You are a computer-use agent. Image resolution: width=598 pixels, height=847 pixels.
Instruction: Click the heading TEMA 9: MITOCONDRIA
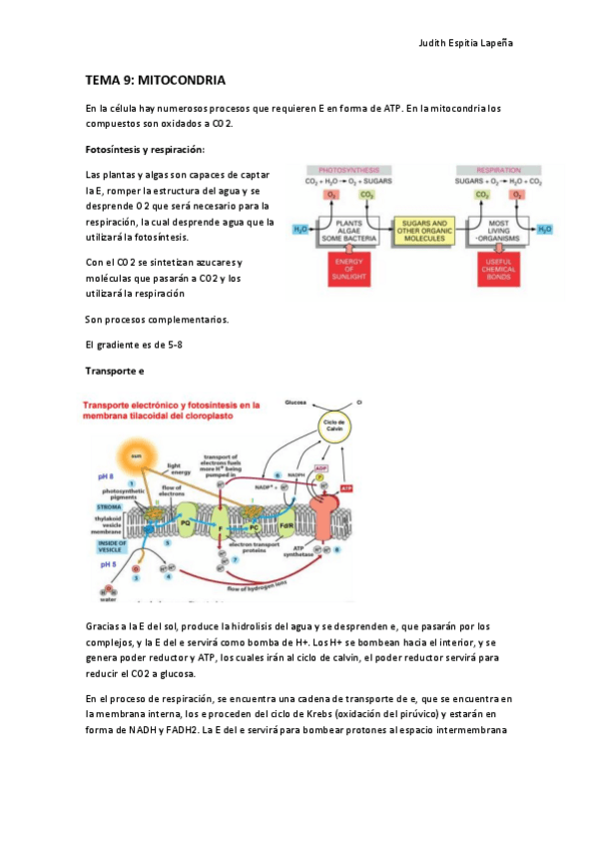pyautogui.click(x=155, y=79)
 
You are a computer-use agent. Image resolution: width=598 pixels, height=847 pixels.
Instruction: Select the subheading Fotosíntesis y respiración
pyautogui.click(x=144, y=150)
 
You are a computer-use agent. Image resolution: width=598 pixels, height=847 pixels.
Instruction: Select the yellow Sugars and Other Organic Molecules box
pyautogui.click(x=424, y=229)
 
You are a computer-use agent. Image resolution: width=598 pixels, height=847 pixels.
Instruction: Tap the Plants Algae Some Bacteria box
pyautogui.click(x=348, y=229)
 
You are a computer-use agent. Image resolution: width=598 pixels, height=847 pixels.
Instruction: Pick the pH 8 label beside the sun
pyautogui.click(x=106, y=477)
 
